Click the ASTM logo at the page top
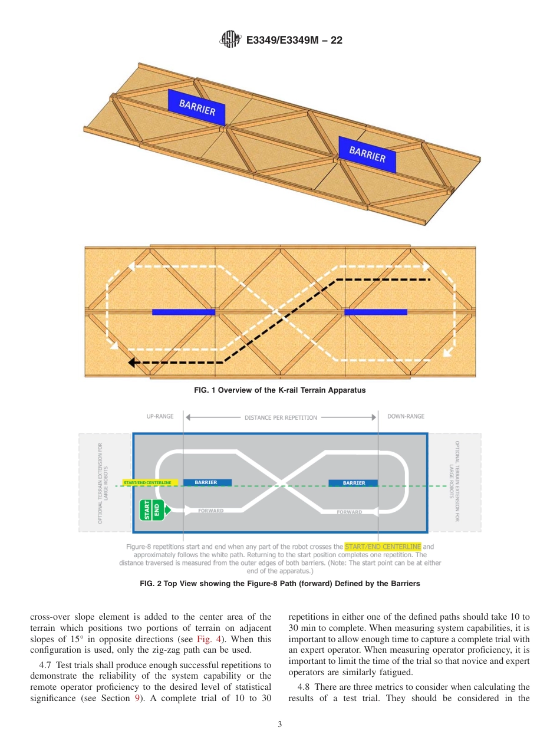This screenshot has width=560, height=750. (230, 40)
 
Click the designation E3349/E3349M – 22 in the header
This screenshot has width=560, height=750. (294, 40)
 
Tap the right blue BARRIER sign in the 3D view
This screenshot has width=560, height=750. (367, 154)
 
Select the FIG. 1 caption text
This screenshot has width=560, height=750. (279, 390)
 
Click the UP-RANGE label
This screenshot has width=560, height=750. (160, 416)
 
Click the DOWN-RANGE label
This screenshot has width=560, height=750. (406, 416)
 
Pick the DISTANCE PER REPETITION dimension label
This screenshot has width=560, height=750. (281, 417)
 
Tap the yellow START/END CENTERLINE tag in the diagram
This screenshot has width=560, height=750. (148, 482)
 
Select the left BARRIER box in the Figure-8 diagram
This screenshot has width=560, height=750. (206, 482)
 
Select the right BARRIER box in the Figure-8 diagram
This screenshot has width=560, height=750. (354, 483)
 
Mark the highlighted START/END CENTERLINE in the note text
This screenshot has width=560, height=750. (383, 547)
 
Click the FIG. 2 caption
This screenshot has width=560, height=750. (279, 584)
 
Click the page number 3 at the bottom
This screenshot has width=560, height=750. (279, 725)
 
